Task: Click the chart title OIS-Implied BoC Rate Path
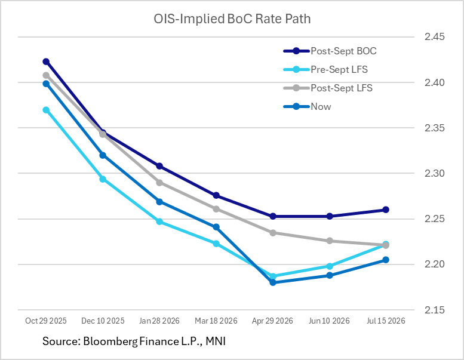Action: [x=232, y=19]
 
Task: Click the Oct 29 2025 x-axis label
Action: [x=46, y=321]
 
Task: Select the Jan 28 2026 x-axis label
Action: [x=159, y=321]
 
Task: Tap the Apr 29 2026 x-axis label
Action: [x=273, y=321]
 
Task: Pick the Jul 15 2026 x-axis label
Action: [x=386, y=321]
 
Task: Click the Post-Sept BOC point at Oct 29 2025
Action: [x=46, y=61]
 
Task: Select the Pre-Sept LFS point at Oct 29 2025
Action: [x=46, y=110]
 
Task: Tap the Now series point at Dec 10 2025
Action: [x=103, y=155]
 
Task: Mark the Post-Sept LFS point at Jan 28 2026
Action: [x=159, y=182]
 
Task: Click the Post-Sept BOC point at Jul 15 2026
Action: [x=386, y=210]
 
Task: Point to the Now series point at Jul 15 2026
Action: [x=386, y=260]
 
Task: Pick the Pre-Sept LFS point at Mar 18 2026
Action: [x=216, y=244]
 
